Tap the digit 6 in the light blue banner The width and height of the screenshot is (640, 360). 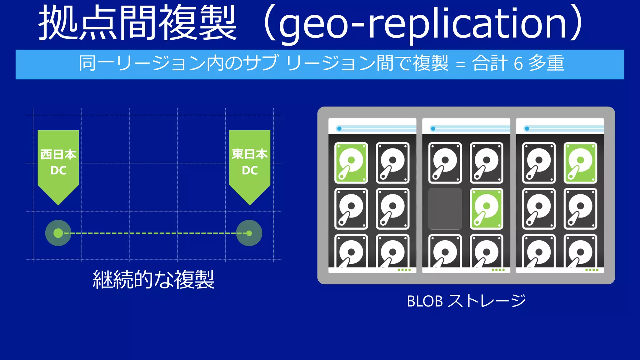(x=518, y=63)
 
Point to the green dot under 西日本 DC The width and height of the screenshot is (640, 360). (x=58, y=233)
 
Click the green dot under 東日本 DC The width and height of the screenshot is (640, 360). (x=249, y=233)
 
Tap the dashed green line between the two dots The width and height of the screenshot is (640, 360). (x=153, y=233)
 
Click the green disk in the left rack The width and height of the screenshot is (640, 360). (x=351, y=163)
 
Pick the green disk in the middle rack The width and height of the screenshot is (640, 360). (x=487, y=209)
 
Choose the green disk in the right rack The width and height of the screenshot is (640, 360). (x=580, y=163)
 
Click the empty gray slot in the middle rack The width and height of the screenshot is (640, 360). (x=445, y=209)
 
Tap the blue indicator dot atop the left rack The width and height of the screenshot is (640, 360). (x=339, y=128)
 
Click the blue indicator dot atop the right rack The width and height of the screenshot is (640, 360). (x=527, y=128)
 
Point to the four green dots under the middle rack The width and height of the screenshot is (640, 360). (x=498, y=270)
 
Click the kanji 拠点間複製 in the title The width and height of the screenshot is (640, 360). (x=137, y=23)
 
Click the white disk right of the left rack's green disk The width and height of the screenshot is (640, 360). (x=392, y=163)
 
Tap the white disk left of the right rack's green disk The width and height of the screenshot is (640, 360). (x=539, y=163)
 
